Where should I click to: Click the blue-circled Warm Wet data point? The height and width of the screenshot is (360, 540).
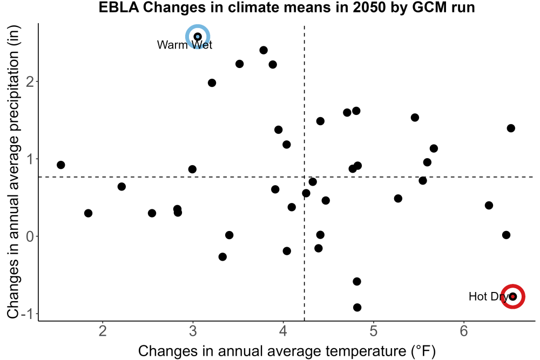coord(198,37)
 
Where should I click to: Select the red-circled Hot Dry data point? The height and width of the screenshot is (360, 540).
coord(513,296)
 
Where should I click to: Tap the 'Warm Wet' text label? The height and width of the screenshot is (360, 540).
coord(185,45)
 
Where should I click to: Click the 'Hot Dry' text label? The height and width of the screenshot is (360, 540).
coord(489,296)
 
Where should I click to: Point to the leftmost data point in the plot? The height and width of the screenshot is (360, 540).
coord(61,165)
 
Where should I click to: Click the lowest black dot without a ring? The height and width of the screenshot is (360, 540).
coord(357,307)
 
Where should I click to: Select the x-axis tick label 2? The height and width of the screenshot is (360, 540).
coord(102,331)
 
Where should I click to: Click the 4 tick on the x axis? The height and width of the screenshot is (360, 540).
coord(283,331)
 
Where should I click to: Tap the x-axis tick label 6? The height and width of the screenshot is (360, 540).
coord(464,331)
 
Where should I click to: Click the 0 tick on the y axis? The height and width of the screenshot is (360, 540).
coord(30,237)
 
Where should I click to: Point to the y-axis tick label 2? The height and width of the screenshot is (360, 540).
coord(30,82)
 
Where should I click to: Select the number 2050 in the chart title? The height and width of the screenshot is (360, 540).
coord(368,7)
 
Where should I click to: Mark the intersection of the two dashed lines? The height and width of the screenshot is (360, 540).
coord(305,177)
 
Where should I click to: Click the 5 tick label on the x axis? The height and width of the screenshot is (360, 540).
coord(374,331)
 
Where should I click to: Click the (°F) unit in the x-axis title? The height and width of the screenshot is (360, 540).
coord(423,351)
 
